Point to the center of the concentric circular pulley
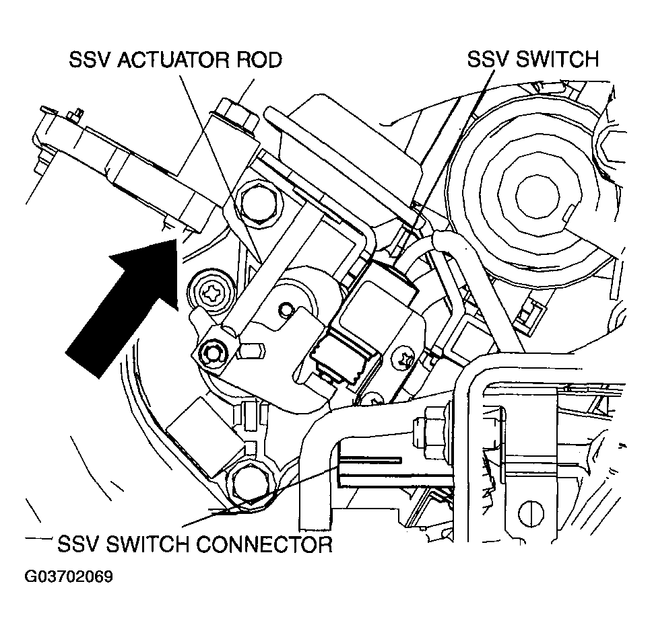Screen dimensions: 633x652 click(537, 195)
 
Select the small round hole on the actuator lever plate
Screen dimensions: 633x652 click(286, 310)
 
